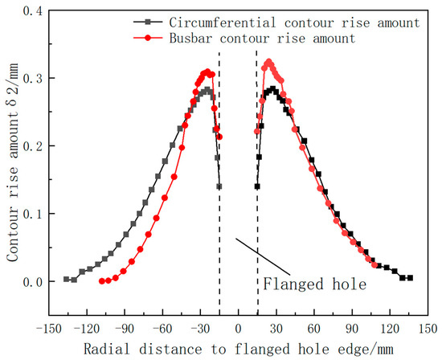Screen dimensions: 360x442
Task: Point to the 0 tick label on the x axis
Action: [238, 329]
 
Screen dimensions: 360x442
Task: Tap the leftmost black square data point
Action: [66, 279]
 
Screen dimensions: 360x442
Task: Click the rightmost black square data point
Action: [410, 278]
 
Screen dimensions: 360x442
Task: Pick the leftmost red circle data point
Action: [101, 281]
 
